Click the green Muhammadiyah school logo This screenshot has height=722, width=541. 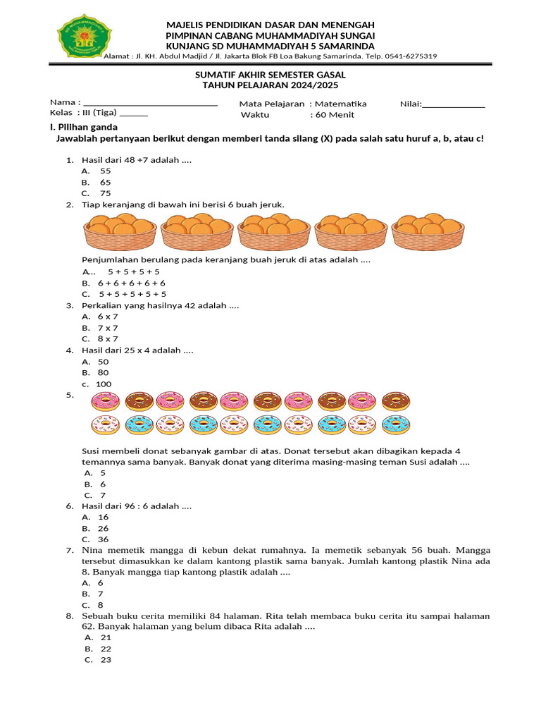[85, 37]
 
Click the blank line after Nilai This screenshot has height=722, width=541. [454, 104]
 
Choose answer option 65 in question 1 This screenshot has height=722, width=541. [105, 182]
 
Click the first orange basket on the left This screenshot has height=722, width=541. [120, 231]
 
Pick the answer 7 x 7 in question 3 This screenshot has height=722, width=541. [108, 328]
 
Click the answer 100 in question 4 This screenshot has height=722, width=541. [104, 384]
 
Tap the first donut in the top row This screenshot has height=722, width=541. [106, 401]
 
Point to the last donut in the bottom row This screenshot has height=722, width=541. [396, 425]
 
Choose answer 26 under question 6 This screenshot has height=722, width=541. [104, 528]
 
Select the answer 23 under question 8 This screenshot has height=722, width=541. [106, 660]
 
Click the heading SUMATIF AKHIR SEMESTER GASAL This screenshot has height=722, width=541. [270, 74]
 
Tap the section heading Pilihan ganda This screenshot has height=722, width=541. [87, 127]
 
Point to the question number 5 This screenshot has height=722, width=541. [70, 396]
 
